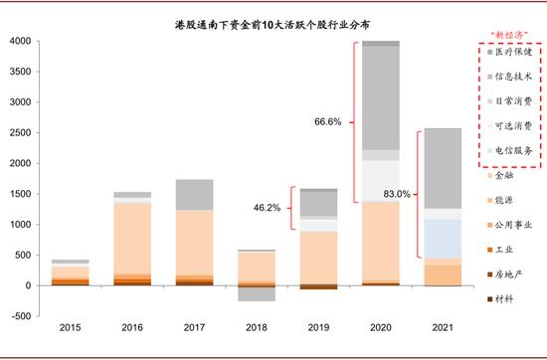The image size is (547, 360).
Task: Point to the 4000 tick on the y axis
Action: [x=20, y=42]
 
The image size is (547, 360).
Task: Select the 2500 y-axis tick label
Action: [x=20, y=133]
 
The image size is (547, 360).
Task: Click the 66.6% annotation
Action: [x=327, y=121]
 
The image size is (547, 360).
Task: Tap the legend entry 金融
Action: [x=504, y=175]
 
